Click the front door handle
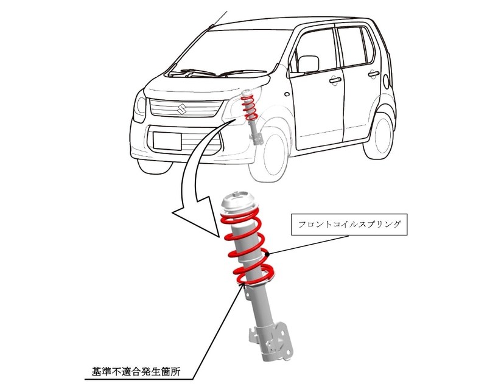[334, 80]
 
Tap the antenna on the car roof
[219, 19]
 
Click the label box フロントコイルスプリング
[350, 225]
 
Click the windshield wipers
[201, 74]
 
